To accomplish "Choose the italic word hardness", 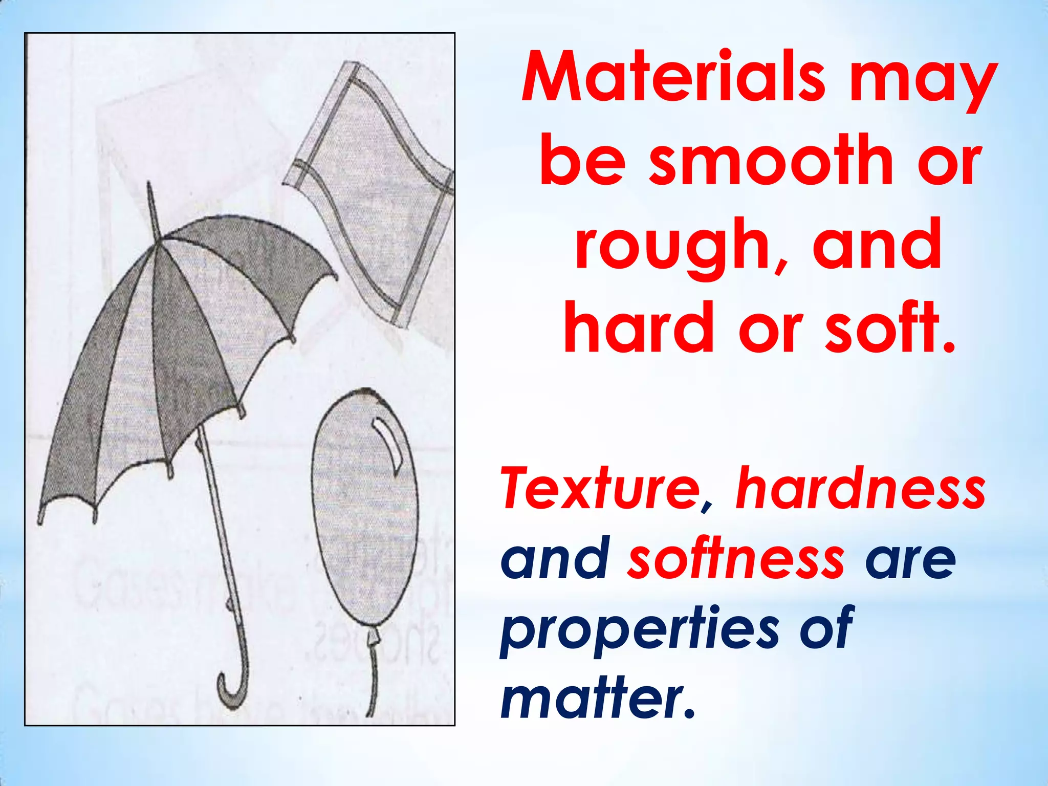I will pos(860,488).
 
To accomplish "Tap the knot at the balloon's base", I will pos(374,636).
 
